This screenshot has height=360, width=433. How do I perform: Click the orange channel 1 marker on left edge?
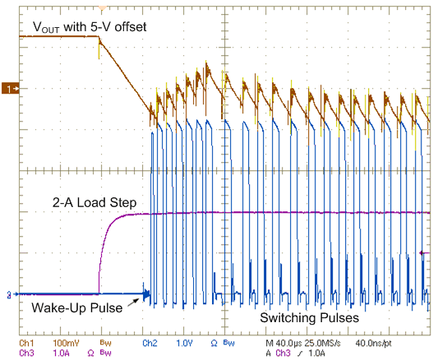[10, 87]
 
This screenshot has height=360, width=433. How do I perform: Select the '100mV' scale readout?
[68, 341]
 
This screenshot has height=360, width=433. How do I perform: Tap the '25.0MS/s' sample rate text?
[328, 341]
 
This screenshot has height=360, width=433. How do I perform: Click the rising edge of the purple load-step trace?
[100, 247]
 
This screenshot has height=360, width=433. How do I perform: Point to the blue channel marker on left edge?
[8, 293]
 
